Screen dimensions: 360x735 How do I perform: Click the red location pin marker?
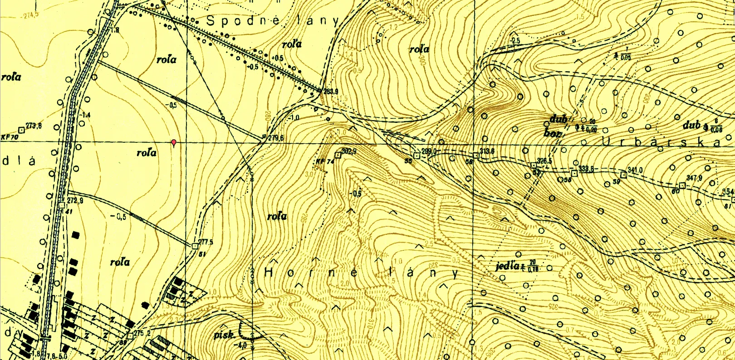[x=173, y=143]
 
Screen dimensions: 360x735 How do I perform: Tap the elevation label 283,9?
[x=331, y=92]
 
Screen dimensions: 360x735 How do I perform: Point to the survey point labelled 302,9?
[x=348, y=151]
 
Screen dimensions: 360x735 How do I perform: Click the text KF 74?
[x=324, y=161]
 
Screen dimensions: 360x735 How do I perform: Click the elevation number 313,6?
[x=487, y=151]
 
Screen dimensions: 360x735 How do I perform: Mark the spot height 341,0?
[x=635, y=170]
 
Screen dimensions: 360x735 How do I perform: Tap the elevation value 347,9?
[x=694, y=178]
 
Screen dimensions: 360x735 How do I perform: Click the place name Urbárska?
[x=660, y=142]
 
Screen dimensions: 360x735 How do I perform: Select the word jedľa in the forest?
[x=507, y=266]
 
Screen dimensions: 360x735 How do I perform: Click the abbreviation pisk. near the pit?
[x=224, y=336]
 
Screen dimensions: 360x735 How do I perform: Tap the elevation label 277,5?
[x=206, y=242]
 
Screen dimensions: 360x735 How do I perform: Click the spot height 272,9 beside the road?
[x=75, y=200]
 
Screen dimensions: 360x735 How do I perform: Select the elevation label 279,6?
[x=275, y=138]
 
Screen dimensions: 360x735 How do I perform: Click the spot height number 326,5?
[x=544, y=161]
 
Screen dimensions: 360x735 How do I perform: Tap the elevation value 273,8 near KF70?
[x=34, y=126]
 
